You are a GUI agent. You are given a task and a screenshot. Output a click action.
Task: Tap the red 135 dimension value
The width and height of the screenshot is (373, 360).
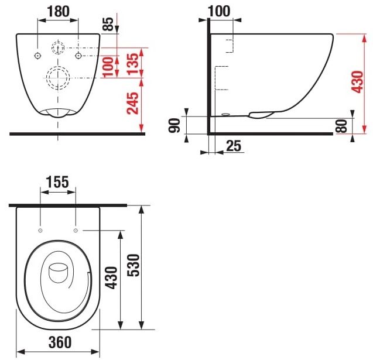pyautogui.click(x=134, y=61)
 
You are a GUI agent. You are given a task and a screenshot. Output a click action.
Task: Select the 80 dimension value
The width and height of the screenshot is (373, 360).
pyautogui.click(x=343, y=125)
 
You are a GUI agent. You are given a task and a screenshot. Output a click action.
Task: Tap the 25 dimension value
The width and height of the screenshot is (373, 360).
pyautogui.click(x=234, y=146)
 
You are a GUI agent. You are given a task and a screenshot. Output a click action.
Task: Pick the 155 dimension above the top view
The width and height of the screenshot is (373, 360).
pyautogui.click(x=57, y=182)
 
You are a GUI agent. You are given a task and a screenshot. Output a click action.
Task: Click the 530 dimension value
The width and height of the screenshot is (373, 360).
pyautogui.click(x=132, y=267)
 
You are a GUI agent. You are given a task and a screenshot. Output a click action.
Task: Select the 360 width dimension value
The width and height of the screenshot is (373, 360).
pyautogui.click(x=58, y=341)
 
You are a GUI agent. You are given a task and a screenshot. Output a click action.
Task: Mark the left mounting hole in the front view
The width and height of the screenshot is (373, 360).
pyautogui.click(x=37, y=56)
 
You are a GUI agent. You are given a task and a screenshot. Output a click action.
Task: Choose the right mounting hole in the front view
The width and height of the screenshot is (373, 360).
pyautogui.click(x=78, y=56)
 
